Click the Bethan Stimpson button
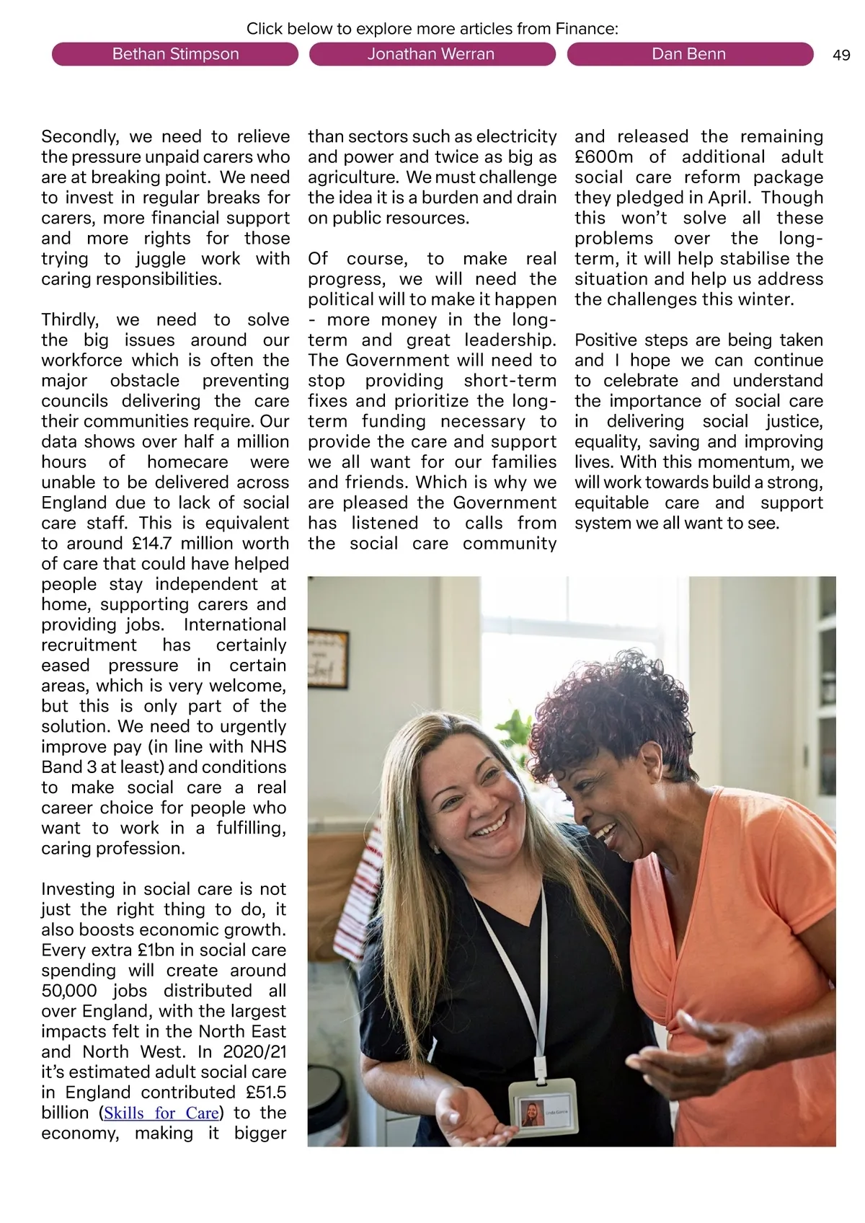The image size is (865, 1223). tap(175, 54)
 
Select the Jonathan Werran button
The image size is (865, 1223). tap(431, 54)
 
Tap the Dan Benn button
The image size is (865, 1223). tap(688, 54)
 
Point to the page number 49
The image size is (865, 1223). tap(841, 56)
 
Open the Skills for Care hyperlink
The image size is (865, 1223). tap(161, 1113)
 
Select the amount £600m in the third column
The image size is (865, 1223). tap(604, 157)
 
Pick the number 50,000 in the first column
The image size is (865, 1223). tap(68, 991)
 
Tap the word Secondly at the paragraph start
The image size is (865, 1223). tap(79, 137)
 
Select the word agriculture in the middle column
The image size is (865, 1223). tap(352, 177)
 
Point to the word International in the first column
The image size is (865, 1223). tap(235, 624)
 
